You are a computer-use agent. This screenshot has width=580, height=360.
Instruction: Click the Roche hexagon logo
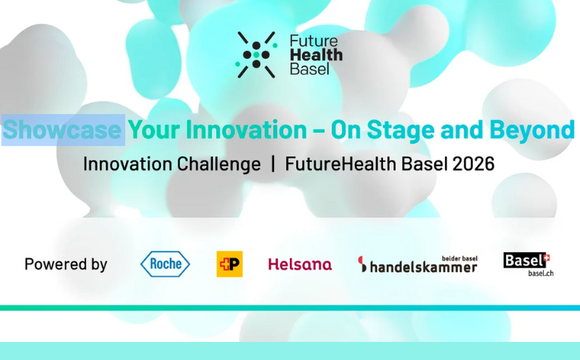click(165, 263)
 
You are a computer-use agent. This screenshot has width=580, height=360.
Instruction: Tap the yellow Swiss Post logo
click(230, 263)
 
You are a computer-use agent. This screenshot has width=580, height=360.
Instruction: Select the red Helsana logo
click(300, 264)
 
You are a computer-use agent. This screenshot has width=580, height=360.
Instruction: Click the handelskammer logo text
click(418, 266)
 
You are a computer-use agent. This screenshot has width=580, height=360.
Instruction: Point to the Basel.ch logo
click(528, 263)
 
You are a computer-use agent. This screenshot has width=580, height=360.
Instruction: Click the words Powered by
click(66, 264)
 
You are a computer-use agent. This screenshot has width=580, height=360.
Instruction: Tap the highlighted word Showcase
click(62, 130)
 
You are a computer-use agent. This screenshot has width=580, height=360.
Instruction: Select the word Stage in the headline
click(406, 130)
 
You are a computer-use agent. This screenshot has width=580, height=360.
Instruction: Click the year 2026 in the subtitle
click(473, 164)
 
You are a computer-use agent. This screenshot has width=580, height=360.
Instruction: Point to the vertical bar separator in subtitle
click(273, 164)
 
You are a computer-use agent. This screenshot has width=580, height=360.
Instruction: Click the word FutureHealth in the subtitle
click(335, 164)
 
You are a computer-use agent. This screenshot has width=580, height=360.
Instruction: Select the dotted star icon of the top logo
click(257, 54)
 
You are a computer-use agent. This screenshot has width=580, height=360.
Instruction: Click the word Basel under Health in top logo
click(309, 69)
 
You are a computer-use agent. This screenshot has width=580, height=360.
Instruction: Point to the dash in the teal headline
click(318, 131)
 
